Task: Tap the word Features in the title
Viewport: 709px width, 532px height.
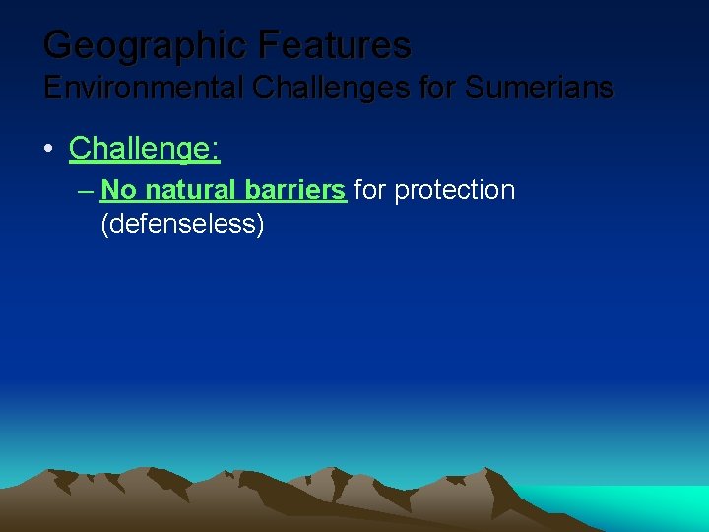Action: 335,44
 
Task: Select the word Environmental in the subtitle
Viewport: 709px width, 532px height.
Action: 145,88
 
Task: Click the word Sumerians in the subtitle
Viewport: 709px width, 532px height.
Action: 539,88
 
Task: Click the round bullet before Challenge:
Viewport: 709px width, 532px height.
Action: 48,149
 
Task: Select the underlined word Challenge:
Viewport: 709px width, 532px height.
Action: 144,149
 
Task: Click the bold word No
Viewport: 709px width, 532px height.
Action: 118,189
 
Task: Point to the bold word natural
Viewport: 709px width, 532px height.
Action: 192,189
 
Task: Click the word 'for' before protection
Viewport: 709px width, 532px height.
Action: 370,189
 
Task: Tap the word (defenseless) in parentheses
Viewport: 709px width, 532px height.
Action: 182,224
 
